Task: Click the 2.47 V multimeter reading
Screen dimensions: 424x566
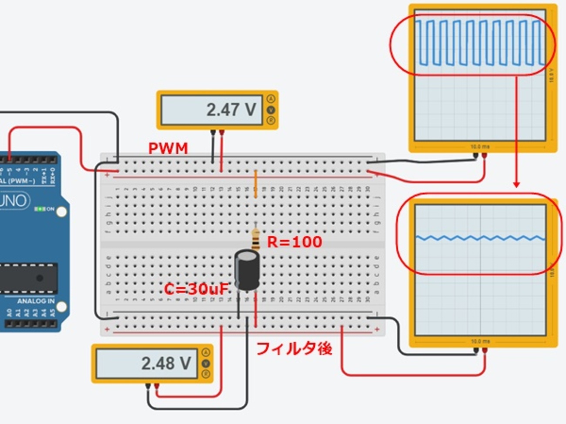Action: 231,109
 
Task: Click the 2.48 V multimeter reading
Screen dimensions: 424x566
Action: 165,363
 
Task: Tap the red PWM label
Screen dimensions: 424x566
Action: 168,149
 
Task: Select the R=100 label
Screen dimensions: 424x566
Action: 294,242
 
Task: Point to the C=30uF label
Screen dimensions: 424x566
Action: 196,288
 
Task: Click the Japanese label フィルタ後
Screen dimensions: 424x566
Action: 294,349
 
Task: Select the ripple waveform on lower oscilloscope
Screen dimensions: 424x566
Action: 480,238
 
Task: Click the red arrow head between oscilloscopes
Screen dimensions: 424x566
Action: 516,184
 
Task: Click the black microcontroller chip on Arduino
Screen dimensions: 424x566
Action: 28,278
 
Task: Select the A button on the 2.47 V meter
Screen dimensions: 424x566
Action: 271,98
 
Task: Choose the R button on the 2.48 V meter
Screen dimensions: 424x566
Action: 206,374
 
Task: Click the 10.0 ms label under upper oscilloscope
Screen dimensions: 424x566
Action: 480,147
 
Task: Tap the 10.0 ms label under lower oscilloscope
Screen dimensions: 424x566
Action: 480,341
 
